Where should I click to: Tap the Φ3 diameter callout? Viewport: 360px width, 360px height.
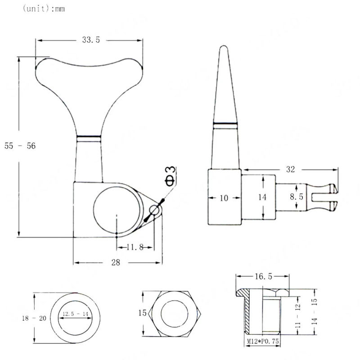(x=170, y=175)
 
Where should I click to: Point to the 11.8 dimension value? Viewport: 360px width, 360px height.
(x=135, y=247)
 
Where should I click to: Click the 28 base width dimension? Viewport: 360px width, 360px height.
(x=116, y=263)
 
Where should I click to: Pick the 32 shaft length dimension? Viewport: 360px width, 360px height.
(x=290, y=169)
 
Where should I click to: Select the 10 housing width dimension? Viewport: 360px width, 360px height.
(x=224, y=197)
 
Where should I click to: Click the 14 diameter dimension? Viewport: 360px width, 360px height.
(x=263, y=197)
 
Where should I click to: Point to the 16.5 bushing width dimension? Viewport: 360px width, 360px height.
(x=261, y=275)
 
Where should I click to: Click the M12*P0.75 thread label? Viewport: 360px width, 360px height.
(x=263, y=342)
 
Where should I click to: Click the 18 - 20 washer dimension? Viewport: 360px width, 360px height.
(x=34, y=318)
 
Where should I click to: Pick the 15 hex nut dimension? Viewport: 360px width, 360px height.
(x=142, y=313)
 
